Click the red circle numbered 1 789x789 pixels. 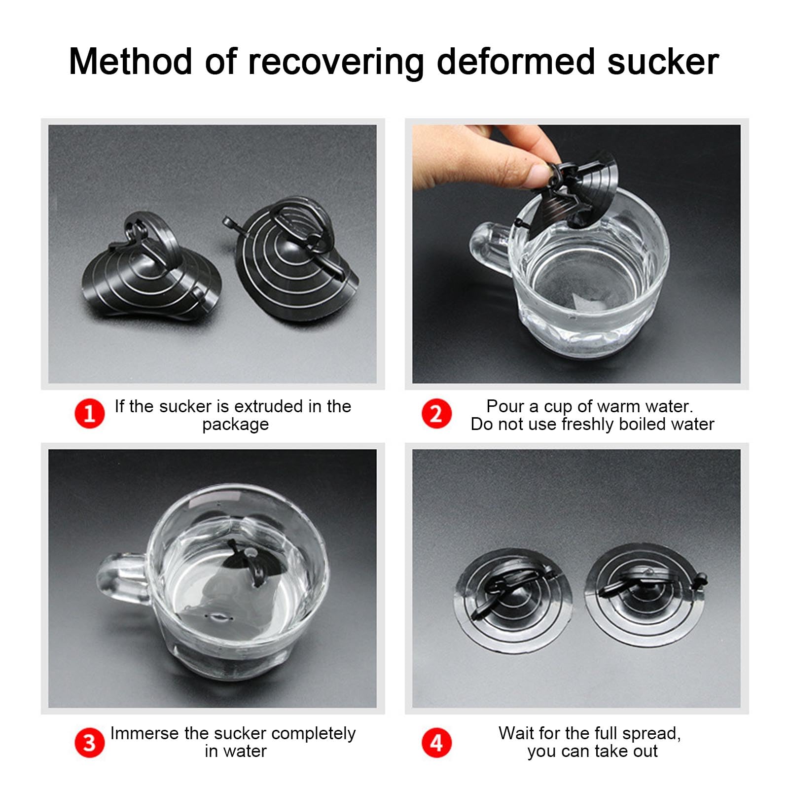coord(89,413)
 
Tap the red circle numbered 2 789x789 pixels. coord(436,413)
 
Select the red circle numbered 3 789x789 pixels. coord(89,742)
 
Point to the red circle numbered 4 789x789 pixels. coord(436,742)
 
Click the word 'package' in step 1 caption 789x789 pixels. coord(235,425)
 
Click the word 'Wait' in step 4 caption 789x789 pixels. coord(516,733)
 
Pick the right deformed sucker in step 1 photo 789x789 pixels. coord(293,259)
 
